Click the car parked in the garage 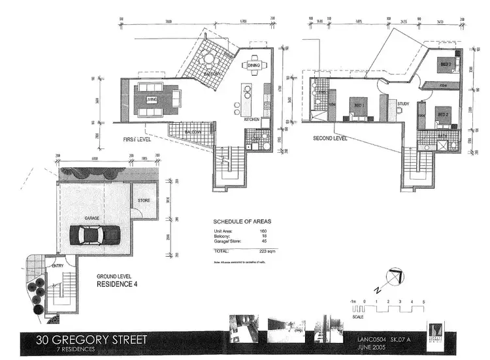click(x=94, y=234)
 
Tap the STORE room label click(x=144, y=201)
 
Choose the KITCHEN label click(x=252, y=120)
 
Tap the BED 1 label click(x=357, y=106)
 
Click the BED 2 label click(x=443, y=115)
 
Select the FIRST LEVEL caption click(x=137, y=140)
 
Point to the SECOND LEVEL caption click(x=329, y=139)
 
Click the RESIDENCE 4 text click(x=117, y=285)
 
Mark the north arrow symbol click(x=391, y=278)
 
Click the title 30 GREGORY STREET click(x=83, y=340)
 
